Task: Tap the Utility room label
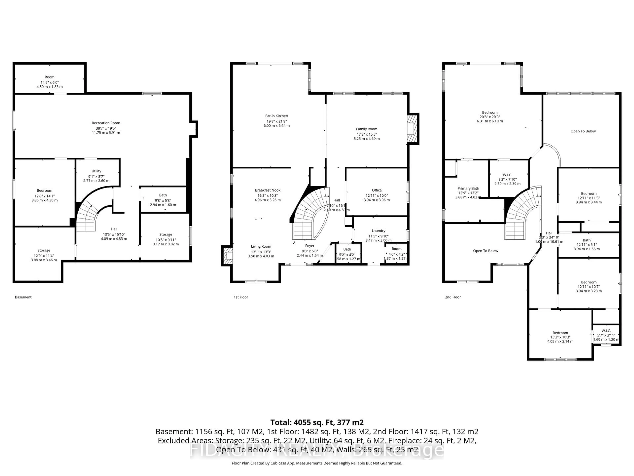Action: (x=96, y=171)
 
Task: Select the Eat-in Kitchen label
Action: (x=276, y=116)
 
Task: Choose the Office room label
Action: (x=377, y=190)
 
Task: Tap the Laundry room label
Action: (x=378, y=231)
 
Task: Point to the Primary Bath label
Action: (x=468, y=189)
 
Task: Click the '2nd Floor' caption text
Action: (x=453, y=297)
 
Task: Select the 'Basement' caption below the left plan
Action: (x=23, y=297)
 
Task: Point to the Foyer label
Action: (x=310, y=246)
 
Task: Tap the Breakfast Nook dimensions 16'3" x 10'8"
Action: (x=267, y=195)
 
